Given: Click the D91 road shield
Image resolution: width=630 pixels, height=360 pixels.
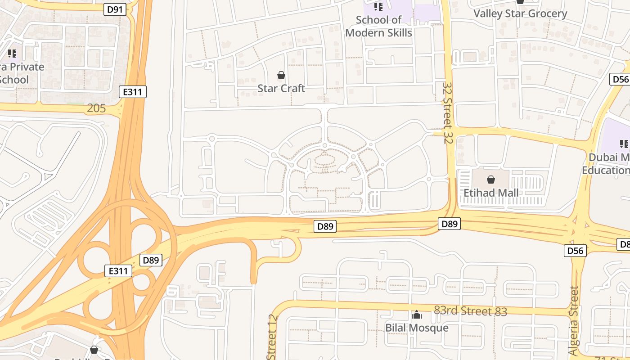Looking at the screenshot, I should click(115, 9).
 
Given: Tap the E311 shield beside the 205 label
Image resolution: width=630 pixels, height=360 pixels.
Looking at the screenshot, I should click(133, 92).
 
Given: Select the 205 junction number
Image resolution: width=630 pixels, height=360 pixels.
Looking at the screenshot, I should click(96, 108).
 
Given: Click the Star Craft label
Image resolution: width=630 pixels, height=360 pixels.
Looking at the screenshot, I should click(281, 88).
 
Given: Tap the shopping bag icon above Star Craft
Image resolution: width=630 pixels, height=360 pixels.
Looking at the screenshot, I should click(281, 75).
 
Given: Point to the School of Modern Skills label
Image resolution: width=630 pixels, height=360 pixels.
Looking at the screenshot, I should click(378, 26).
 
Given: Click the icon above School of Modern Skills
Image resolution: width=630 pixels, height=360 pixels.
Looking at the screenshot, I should click(378, 7).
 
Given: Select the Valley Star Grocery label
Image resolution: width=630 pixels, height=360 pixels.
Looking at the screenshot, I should click(520, 13).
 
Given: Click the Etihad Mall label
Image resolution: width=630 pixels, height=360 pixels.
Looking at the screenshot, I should click(491, 193).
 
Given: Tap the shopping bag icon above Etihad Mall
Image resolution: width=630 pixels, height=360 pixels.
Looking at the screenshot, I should click(491, 180).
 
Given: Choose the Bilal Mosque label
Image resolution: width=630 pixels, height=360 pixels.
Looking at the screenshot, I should click(417, 328).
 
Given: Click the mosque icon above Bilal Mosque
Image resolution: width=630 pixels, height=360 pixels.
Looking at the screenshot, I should click(417, 315).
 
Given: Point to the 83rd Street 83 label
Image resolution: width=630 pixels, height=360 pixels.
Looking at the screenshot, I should click(470, 311).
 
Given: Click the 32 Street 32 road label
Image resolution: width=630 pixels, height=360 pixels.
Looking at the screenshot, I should click(447, 112).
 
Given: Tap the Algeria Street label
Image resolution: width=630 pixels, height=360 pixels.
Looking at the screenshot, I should click(573, 320).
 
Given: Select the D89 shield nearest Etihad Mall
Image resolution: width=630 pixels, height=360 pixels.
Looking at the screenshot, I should click(450, 224).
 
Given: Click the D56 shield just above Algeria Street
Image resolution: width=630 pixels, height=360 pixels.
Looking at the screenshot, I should click(576, 250).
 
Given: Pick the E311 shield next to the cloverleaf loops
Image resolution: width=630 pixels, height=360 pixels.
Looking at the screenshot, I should click(118, 271).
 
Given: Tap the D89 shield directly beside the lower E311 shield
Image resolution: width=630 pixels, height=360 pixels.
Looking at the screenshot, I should click(151, 260).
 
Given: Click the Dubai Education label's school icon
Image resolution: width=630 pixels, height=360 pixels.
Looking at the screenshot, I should click(624, 144).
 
